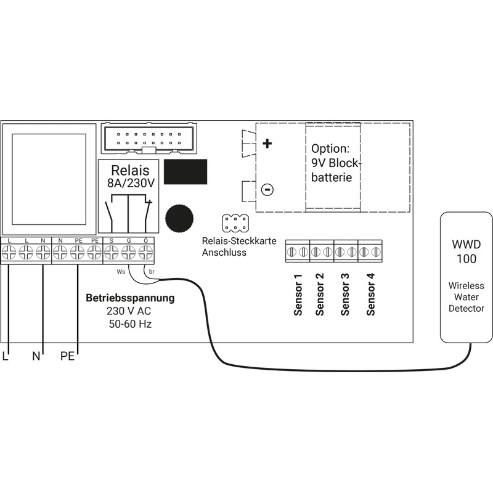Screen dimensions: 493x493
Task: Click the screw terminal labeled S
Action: point(112,251)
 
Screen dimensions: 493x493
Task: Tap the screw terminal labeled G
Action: point(128,251)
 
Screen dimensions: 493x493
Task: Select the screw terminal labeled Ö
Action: point(145,251)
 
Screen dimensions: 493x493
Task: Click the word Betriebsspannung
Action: point(130,298)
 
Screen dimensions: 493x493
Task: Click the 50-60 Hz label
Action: point(130,323)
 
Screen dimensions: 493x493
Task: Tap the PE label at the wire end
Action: point(67,356)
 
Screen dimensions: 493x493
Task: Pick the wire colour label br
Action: point(152,271)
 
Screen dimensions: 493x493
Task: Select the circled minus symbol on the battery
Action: point(266,190)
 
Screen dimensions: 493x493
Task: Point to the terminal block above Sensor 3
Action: point(345,252)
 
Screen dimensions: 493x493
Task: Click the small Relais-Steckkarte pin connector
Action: point(235,222)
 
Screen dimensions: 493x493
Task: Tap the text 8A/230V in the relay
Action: point(130,183)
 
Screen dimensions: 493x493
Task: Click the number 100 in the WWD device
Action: point(466,259)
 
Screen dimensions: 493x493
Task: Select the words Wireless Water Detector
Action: point(466,297)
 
